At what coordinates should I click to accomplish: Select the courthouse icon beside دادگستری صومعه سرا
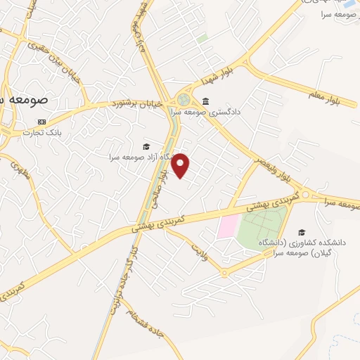(x=205, y=100)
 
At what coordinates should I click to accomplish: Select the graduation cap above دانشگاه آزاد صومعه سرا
(x=146, y=146)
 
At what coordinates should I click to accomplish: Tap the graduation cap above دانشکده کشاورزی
(x=302, y=232)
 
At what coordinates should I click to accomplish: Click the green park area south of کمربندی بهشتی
(x=261, y=227)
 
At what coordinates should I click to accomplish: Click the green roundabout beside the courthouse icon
(x=184, y=100)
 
